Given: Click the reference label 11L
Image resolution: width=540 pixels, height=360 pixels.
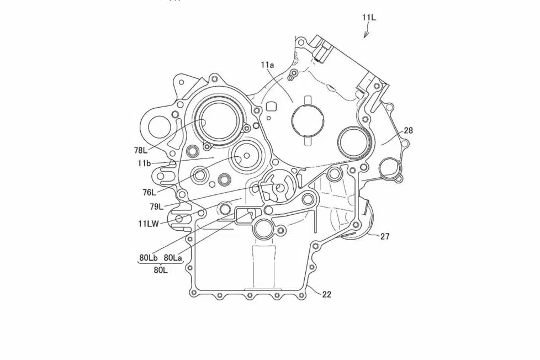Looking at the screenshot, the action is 369,17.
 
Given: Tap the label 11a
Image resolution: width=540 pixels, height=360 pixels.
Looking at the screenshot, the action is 268,65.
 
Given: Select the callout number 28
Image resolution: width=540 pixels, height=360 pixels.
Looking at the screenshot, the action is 409,130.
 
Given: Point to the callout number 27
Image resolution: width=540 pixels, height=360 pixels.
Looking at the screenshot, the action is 385,236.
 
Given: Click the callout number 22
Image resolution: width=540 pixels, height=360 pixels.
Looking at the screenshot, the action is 326,294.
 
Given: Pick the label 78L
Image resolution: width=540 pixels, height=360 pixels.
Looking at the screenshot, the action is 141,150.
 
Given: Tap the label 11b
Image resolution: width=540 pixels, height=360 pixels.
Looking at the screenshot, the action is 144,163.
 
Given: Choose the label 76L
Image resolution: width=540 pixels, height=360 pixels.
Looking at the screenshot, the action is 150,192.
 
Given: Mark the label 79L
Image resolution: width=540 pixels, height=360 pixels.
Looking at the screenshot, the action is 156,207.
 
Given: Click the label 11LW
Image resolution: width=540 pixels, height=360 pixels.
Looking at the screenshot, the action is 149,224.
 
